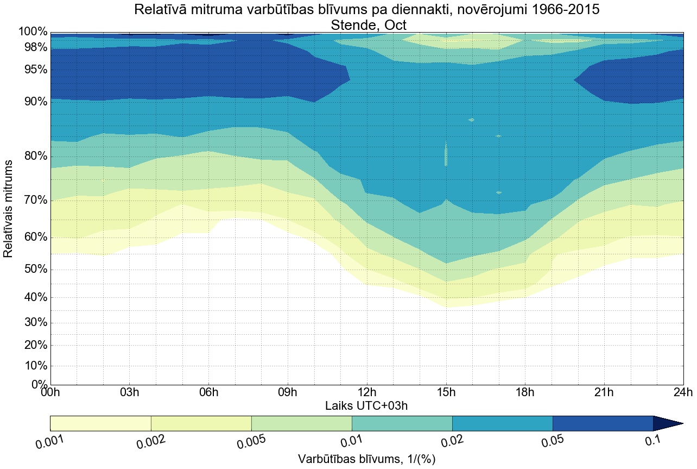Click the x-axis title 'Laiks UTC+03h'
click(x=366, y=405)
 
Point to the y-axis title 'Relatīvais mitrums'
click(x=9, y=209)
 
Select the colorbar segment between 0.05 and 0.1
click(x=603, y=423)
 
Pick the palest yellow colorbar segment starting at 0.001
click(x=100, y=423)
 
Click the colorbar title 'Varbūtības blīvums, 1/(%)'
click(x=366, y=459)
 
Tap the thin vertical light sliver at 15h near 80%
click(x=446, y=155)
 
